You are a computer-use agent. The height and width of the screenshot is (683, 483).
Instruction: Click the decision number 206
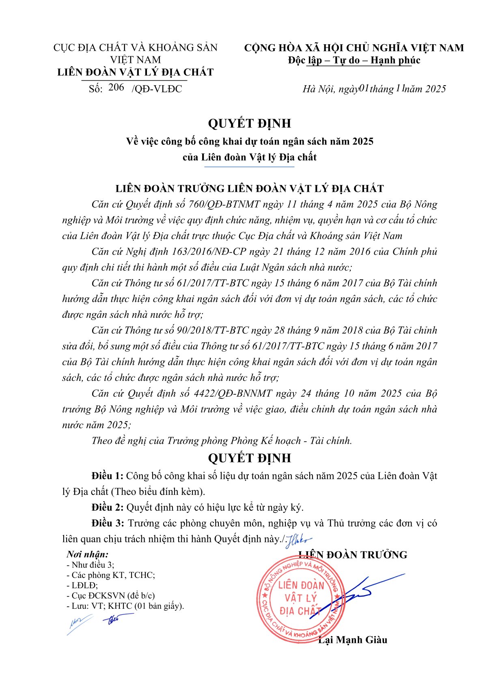pyautogui.click(x=116, y=87)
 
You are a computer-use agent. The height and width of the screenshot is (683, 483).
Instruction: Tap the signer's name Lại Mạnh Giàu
pyautogui.click(x=352, y=640)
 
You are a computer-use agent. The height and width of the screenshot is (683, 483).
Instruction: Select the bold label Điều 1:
pyautogui.click(x=107, y=475)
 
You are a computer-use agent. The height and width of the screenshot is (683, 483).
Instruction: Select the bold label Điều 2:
pyautogui.click(x=107, y=507)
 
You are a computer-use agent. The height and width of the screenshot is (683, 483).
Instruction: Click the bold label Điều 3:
pyautogui.click(x=107, y=523)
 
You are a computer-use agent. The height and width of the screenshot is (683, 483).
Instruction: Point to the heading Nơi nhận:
pyautogui.click(x=88, y=554)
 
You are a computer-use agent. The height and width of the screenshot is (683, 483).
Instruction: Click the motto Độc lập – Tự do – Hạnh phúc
pyautogui.click(x=354, y=60)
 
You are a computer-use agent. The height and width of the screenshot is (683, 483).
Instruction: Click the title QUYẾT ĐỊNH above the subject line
pyautogui.click(x=249, y=123)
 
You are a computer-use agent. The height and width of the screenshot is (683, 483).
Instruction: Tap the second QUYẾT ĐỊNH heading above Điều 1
pyautogui.click(x=249, y=458)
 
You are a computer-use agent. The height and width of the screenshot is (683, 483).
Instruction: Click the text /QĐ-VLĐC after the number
pyautogui.click(x=157, y=89)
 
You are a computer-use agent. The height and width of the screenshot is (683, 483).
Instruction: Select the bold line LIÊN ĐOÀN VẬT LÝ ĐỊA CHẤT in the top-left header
pyautogui.click(x=135, y=72)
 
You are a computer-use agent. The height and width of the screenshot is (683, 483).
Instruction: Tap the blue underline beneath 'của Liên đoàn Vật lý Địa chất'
pyautogui.click(x=249, y=167)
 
